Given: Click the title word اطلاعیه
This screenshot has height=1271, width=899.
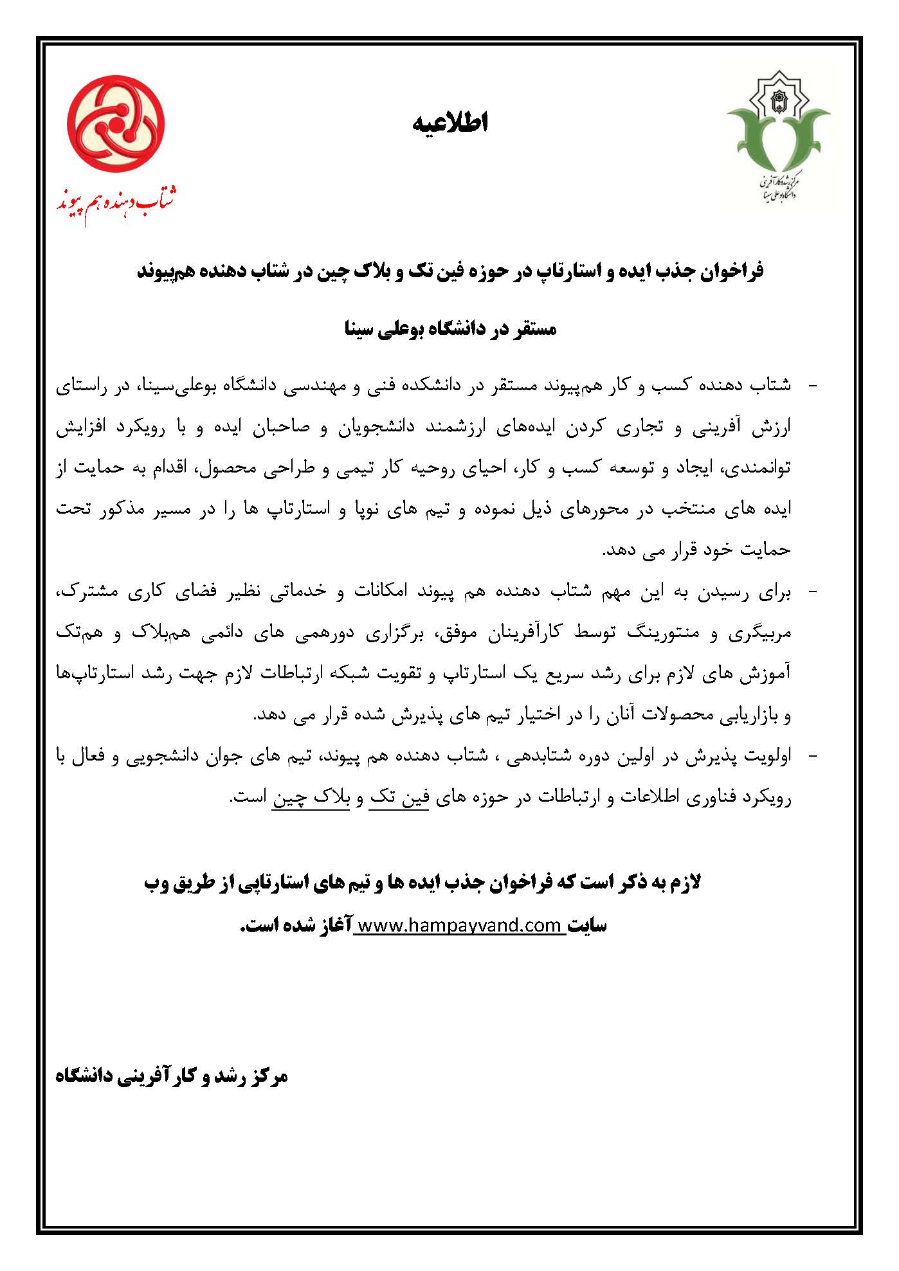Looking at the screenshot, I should pos(450,123).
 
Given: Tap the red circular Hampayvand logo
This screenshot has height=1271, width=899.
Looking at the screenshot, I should pos(116,123).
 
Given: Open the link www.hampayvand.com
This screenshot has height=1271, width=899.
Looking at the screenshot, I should pos(459,925).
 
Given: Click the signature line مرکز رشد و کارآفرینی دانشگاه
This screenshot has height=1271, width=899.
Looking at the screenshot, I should pos(172,1076).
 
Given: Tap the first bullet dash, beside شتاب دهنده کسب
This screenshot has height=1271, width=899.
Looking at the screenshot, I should pos(812,386).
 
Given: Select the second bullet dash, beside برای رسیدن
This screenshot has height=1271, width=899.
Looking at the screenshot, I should pos(812,591).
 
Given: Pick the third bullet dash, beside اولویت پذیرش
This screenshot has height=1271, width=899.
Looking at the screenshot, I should pos(812,757).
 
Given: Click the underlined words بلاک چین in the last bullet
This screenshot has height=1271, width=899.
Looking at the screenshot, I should pos(311,798).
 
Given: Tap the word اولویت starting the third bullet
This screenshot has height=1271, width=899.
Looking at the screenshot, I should pos(768,757).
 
